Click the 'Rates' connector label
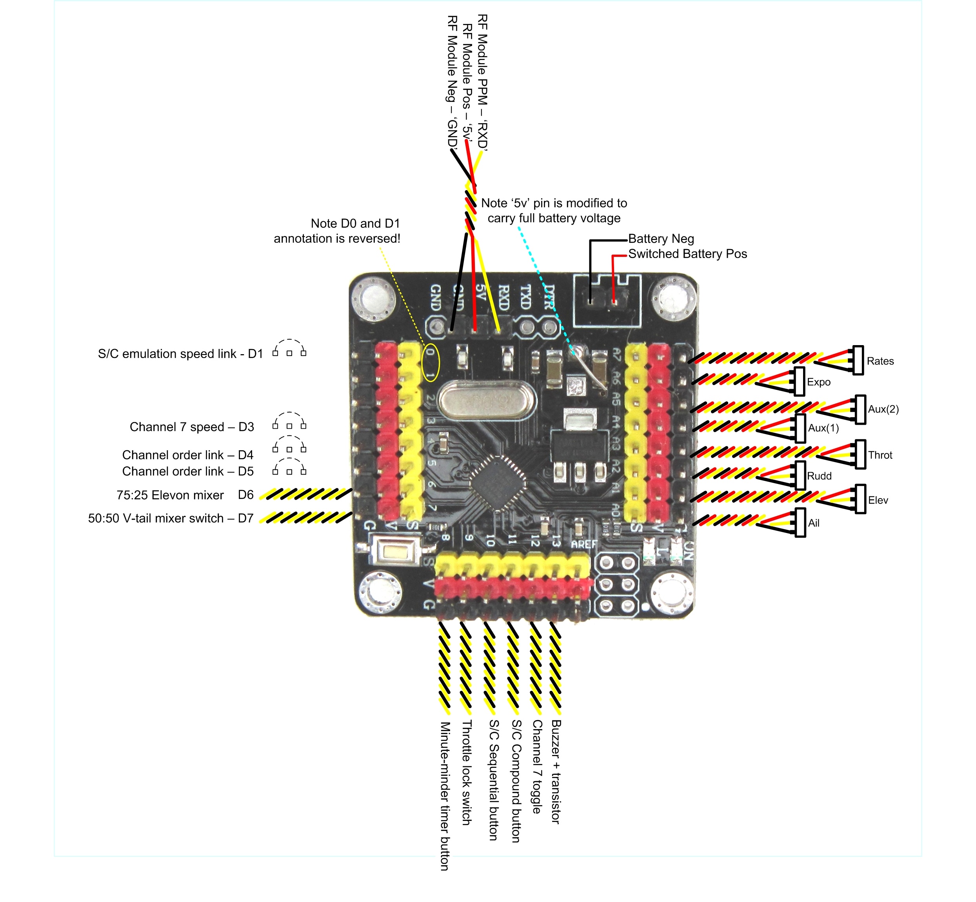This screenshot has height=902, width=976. coord(880,361)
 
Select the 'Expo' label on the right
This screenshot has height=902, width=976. coord(818,382)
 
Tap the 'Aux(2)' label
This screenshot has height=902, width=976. coord(883,409)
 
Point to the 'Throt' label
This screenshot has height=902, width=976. coord(880,455)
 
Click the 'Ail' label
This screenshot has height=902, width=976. coord(814,523)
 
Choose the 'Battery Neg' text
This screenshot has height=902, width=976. coord(661,239)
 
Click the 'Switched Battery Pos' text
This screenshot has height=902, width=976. coord(687,254)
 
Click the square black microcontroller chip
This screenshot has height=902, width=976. coord(497,483)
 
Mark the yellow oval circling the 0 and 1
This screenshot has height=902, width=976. coord(431,363)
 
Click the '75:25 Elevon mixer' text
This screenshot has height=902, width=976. coord(170,495)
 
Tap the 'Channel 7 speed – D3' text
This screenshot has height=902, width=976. coord(192,427)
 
